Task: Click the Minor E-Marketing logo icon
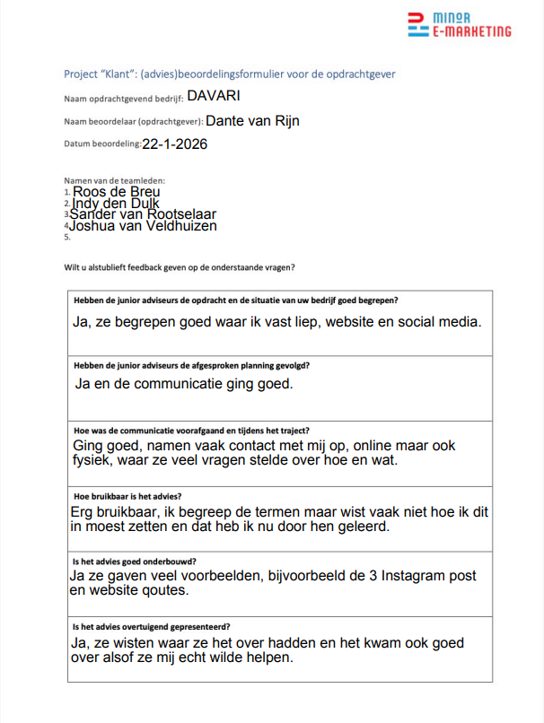click(417, 24)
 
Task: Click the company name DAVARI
click(214, 96)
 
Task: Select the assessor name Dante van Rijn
click(252, 120)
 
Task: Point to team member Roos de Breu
click(117, 192)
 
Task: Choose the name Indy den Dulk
click(115, 204)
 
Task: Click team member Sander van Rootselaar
click(143, 214)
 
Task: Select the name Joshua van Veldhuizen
click(143, 226)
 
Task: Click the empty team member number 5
click(67, 238)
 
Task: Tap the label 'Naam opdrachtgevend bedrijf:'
click(121, 98)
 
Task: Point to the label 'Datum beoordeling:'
click(102, 144)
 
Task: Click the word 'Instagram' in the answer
click(385, 576)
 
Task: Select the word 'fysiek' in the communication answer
click(90, 461)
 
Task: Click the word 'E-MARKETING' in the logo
click(472, 31)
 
